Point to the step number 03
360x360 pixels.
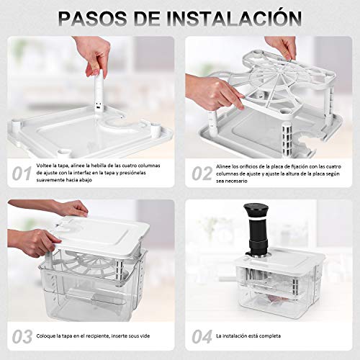point(22,335)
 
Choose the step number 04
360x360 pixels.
point(204,335)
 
